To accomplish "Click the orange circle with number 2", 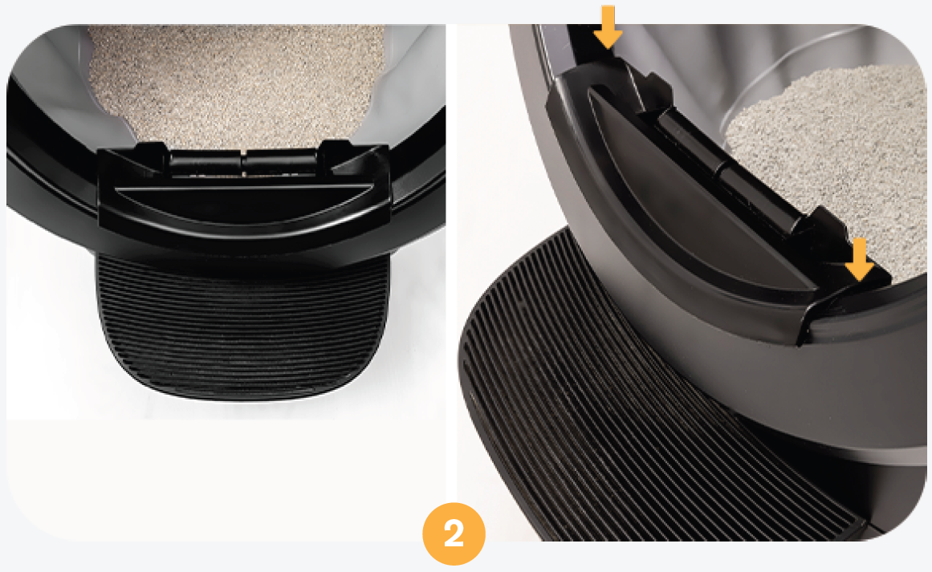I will pyautogui.click(x=454, y=533).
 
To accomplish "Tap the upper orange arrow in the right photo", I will pyautogui.click(x=608, y=26).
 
